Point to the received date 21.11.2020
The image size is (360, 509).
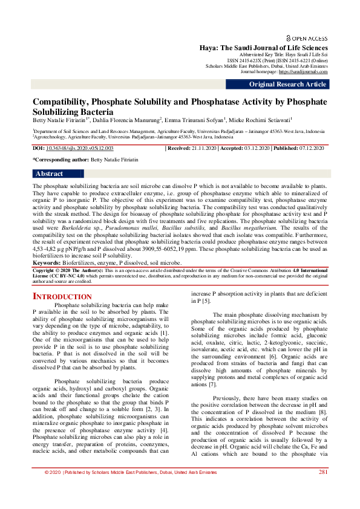pyautogui.click(x=213, y=148)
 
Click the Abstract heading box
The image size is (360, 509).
pyautogui.click(x=49, y=173)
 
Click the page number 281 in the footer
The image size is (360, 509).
pyautogui.click(x=323, y=489)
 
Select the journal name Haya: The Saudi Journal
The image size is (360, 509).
pyautogui.click(x=264, y=48)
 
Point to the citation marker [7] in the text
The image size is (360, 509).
pyautogui.click(x=212, y=384)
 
